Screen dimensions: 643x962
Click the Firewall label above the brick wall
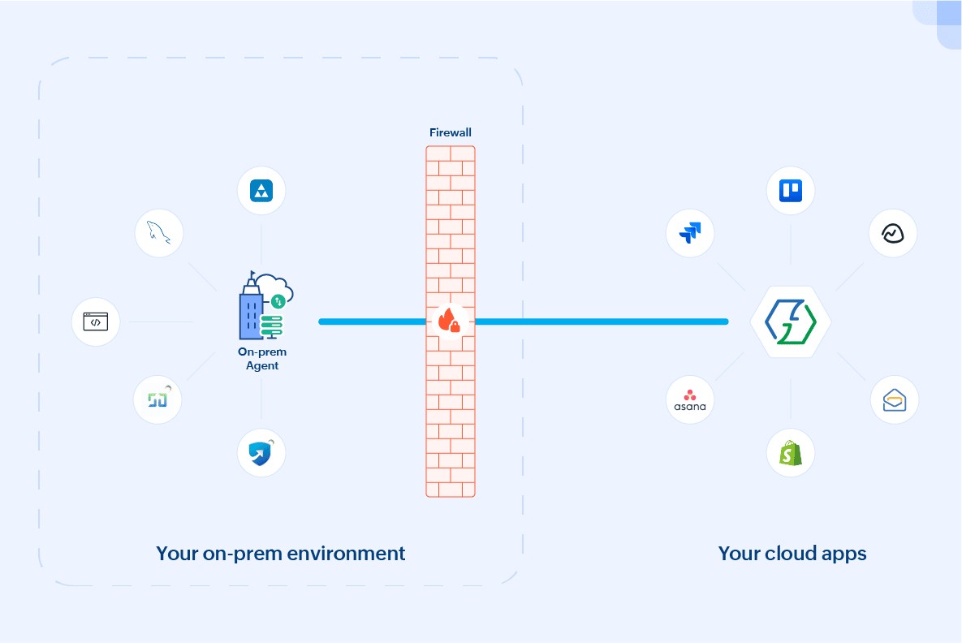(x=450, y=132)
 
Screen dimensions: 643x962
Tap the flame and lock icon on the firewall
(x=450, y=319)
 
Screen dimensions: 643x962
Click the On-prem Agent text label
(x=262, y=359)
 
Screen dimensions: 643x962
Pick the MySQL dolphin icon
(x=159, y=234)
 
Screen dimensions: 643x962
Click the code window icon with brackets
(x=96, y=322)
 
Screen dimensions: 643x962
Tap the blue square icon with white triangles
(x=261, y=191)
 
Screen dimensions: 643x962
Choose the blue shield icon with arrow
(x=261, y=453)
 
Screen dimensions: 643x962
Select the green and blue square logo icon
(x=157, y=399)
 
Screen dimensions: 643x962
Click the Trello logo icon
(x=791, y=191)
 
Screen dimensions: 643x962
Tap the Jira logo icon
(x=690, y=233)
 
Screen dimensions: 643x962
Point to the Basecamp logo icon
(x=893, y=234)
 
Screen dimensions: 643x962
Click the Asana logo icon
(x=690, y=399)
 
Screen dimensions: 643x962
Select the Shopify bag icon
(x=791, y=453)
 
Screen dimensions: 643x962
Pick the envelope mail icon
(x=895, y=399)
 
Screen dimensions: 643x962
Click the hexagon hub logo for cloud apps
(x=791, y=321)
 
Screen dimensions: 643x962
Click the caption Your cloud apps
(x=792, y=554)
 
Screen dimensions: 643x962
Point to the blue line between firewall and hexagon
(x=601, y=321)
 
